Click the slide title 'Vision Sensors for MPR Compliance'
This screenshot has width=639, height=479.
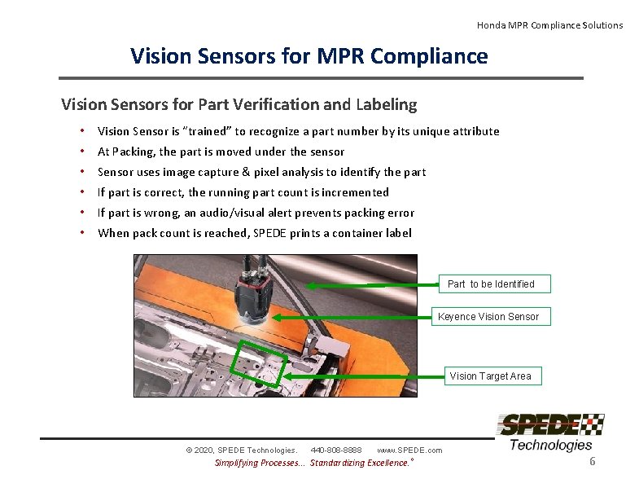(309, 56)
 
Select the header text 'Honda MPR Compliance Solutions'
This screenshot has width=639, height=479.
(549, 25)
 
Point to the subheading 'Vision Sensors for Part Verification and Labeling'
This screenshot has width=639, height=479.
(239, 104)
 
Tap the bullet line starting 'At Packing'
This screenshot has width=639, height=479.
(221, 152)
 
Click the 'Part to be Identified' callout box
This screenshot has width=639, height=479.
(491, 283)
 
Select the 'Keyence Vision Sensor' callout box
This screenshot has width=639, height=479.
(488, 316)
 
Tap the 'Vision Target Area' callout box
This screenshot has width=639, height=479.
(490, 376)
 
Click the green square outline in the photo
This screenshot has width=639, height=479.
(258, 365)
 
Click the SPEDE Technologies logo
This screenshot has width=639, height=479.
(550, 432)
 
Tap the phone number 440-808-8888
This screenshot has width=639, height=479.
(336, 450)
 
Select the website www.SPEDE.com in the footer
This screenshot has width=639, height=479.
(409, 450)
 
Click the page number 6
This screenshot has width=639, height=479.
(593, 462)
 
